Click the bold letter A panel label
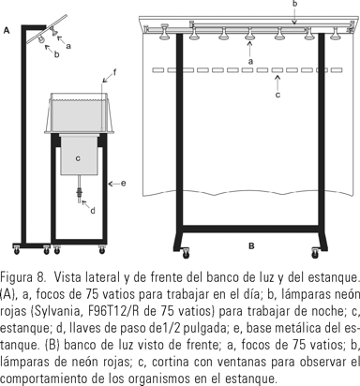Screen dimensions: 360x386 point(7,31)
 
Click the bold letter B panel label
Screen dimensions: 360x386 point(251,246)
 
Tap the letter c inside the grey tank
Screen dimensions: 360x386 point(78,158)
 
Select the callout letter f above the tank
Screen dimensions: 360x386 point(114,73)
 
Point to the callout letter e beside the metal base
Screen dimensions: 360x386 point(124,184)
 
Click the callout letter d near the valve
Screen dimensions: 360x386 point(93,211)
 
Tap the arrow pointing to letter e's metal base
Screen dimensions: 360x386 point(113,184)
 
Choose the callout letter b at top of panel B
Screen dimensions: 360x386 point(294,4)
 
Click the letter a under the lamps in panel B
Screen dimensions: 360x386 point(250,62)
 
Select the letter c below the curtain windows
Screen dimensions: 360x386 point(277,95)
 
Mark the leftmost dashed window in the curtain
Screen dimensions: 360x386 point(158,70)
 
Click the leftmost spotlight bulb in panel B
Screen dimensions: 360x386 point(165,33)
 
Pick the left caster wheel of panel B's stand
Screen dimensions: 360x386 point(186,253)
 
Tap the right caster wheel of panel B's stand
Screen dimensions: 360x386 point(315,253)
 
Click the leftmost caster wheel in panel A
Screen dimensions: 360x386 point(16,250)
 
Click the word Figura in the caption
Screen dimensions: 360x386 point(15,277)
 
